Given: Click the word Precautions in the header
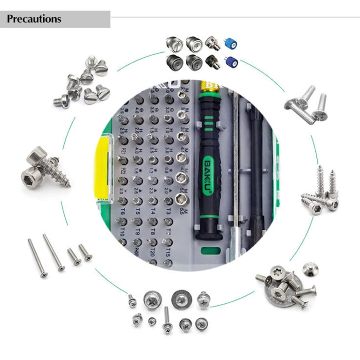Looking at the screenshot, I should (x=34, y=19).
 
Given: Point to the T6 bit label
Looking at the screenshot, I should (x=123, y=211).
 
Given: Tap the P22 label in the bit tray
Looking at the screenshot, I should (x=123, y=171).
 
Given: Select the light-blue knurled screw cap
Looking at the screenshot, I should (x=231, y=45).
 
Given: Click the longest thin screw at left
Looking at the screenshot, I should (x=53, y=252).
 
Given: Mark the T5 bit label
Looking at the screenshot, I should (x=138, y=211).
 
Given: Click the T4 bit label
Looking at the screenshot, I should (x=153, y=211).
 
